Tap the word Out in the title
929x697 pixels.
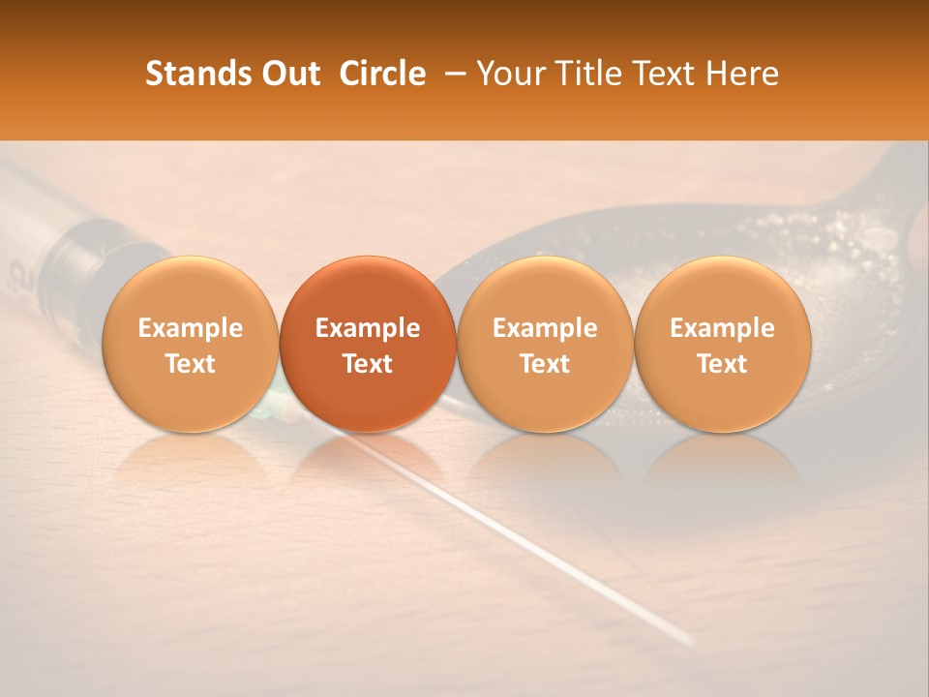pyautogui.click(x=287, y=74)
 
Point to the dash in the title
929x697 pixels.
pyautogui.click(x=451, y=75)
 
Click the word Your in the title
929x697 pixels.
pyautogui.click(x=509, y=74)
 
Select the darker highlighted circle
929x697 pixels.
pyautogui.click(x=367, y=344)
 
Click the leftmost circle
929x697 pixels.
pyautogui.click(x=190, y=344)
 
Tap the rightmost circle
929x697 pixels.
pyautogui.click(x=722, y=344)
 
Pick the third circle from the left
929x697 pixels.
pyautogui.click(x=545, y=344)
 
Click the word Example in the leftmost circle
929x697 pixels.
pyautogui.click(x=190, y=328)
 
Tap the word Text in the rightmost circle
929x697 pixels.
pyautogui.click(x=722, y=363)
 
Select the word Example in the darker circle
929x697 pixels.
pyautogui.click(x=367, y=328)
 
